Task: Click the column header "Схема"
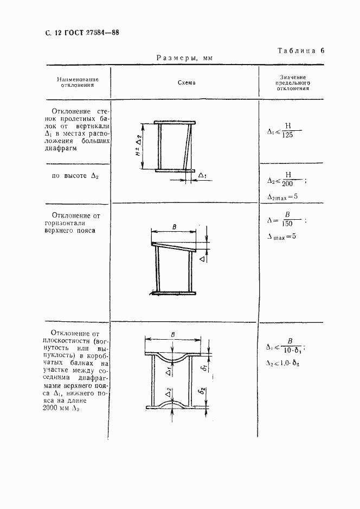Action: [x=186, y=82]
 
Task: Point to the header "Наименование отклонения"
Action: [x=78, y=82]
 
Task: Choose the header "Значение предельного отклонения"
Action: [x=293, y=82]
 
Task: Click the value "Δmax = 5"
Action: [x=283, y=237]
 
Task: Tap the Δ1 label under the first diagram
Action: [x=202, y=175]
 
